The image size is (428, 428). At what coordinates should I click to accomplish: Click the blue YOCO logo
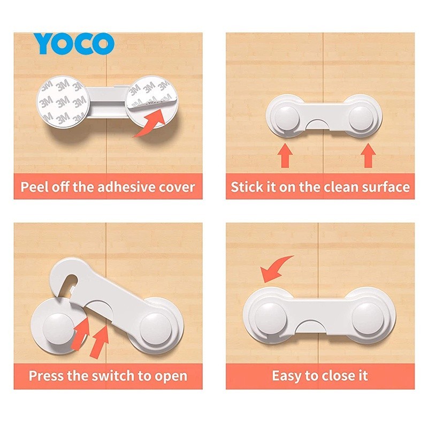pos(74,43)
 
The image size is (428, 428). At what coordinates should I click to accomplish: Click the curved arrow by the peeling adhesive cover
pos(152,123)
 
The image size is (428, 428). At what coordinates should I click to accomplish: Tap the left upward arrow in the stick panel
pos(285,155)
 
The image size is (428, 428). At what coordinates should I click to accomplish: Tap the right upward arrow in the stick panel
pos(368,156)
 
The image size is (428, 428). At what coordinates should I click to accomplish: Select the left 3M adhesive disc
pos(62,102)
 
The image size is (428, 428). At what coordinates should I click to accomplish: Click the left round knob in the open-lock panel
pos(59,328)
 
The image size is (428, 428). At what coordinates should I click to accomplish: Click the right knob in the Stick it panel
pos(361,118)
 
